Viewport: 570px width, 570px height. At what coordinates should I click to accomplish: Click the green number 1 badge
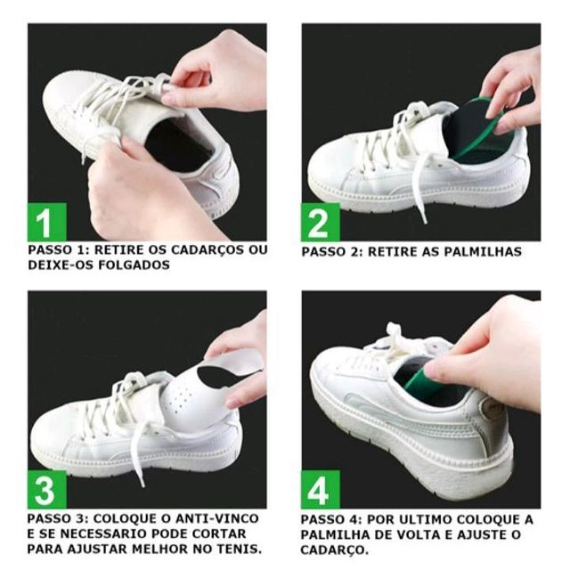pyautogui.click(x=47, y=222)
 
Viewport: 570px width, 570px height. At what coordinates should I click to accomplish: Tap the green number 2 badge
pyautogui.click(x=321, y=222)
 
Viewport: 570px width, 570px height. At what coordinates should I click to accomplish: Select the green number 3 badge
pyautogui.click(x=47, y=489)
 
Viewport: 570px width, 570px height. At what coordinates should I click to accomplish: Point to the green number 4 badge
pyautogui.click(x=321, y=489)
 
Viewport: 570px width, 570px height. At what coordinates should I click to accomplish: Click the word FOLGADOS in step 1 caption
pyautogui.click(x=134, y=265)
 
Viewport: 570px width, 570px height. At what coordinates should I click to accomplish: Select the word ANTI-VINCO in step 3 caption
pyautogui.click(x=217, y=518)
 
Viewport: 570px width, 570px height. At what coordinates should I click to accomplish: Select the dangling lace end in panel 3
pyautogui.click(x=142, y=483)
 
